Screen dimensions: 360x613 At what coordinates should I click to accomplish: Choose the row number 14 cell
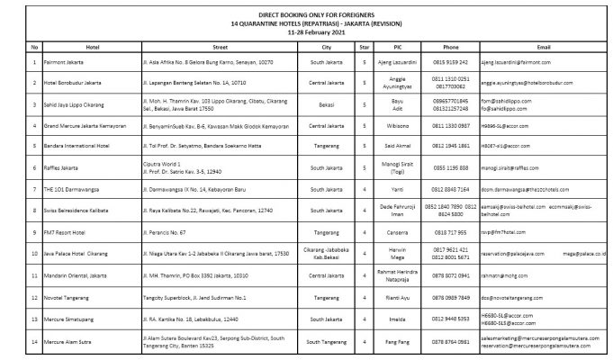34,340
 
